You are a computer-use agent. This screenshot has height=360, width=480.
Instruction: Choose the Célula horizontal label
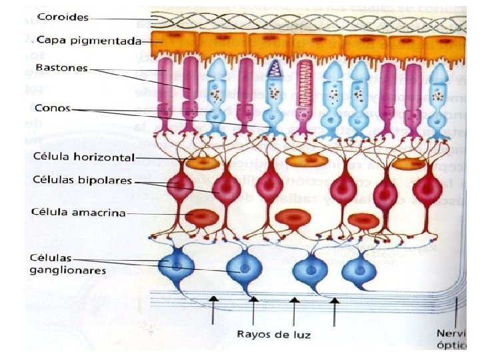coord(83,158)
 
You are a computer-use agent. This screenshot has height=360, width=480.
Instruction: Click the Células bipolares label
coord(82,181)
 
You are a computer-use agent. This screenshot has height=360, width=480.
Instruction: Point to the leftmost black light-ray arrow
coord(213,311)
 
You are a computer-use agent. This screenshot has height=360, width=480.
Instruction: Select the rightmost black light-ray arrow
coord(335,311)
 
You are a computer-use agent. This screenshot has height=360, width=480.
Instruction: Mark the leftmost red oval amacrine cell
coord(199,218)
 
